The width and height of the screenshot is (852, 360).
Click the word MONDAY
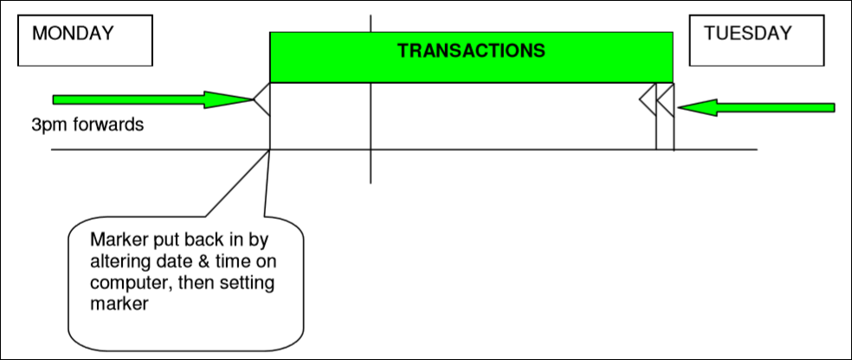[x=73, y=34]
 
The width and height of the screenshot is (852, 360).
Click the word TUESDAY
[x=748, y=34]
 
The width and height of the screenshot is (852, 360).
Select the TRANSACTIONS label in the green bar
[x=471, y=50]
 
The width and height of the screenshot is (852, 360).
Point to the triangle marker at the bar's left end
[x=261, y=100]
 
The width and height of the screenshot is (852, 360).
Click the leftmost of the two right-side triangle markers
[x=648, y=100]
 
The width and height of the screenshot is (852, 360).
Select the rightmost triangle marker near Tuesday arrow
[x=665, y=100]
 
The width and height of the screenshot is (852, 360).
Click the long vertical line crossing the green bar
[x=371, y=130]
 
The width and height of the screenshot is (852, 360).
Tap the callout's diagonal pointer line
[x=238, y=182]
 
